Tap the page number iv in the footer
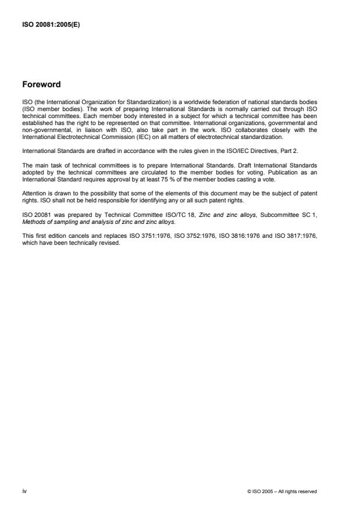25,491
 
